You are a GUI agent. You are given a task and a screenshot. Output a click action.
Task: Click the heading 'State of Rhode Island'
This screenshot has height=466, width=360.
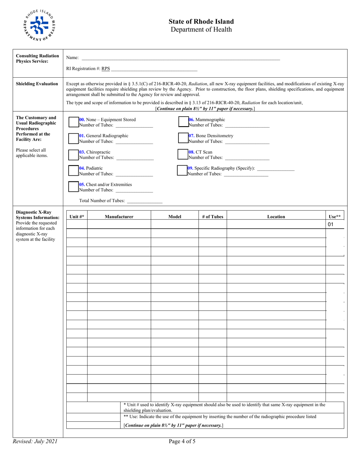click(x=201, y=22)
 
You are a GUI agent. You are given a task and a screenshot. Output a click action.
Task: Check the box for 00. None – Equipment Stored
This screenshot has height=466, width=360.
click(x=74, y=122)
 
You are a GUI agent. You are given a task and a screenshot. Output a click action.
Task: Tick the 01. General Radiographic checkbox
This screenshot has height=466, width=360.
click(x=74, y=139)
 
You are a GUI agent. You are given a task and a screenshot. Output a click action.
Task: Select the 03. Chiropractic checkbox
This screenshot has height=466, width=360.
click(x=74, y=155)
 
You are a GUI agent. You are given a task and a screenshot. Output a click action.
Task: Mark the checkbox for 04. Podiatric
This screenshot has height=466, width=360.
click(x=74, y=171)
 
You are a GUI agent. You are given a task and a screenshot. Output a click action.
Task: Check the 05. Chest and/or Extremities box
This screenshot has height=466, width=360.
click(x=74, y=187)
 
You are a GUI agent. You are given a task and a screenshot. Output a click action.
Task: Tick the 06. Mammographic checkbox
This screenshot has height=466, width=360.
click(x=183, y=122)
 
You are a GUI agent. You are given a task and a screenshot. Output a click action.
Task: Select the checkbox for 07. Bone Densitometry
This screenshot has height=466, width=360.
click(x=183, y=139)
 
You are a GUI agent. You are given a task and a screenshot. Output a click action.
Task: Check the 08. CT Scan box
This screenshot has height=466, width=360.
click(x=183, y=155)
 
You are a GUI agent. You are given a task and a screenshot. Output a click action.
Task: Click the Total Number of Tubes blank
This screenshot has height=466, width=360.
click(x=145, y=201)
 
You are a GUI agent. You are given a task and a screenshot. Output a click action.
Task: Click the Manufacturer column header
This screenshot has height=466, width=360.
click(x=119, y=217)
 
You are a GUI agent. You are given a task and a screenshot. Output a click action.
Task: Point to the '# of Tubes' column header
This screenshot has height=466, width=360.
click(x=213, y=217)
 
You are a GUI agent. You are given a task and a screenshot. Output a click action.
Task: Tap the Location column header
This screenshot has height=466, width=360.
click(x=276, y=217)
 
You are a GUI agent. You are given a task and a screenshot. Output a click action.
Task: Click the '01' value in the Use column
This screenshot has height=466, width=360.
click(x=330, y=225)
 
